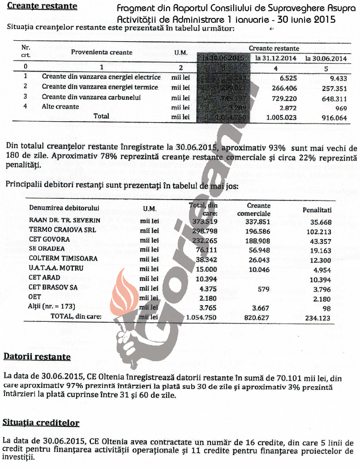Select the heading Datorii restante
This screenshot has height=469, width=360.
(x=37, y=357)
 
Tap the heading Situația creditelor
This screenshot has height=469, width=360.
(x=41, y=422)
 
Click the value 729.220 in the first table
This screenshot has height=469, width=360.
(x=281, y=97)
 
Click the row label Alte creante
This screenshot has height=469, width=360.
(x=60, y=107)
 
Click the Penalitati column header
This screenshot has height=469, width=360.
(x=317, y=209)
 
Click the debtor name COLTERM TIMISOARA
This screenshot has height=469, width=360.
(x=57, y=259)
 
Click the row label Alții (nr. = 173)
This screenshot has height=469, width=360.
(x=51, y=307)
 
